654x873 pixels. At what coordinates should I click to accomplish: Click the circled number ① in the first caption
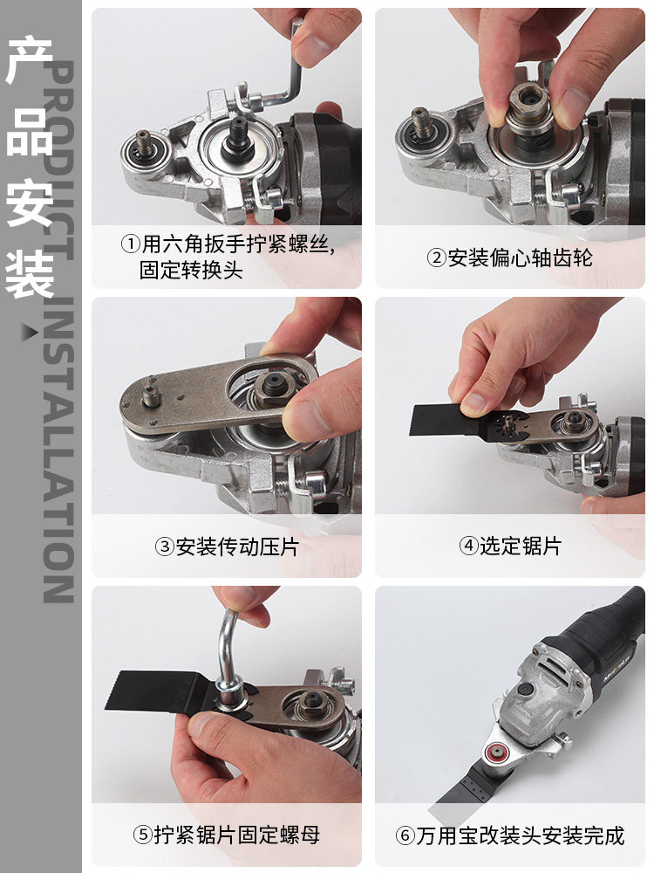pyautogui.click(x=130, y=244)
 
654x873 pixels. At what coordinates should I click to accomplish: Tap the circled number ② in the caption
pyautogui.click(x=436, y=258)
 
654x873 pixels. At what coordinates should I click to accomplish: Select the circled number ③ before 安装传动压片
pyautogui.click(x=165, y=547)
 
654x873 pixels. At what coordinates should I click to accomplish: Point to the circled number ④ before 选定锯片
pyautogui.click(x=468, y=546)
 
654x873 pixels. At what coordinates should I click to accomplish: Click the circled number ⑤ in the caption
pyautogui.click(x=143, y=835)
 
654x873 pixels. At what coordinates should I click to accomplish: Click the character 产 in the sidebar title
pyautogui.click(x=31, y=62)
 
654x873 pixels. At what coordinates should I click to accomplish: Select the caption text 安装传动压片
pyautogui.click(x=237, y=547)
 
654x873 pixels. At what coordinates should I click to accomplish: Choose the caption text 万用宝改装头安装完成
pyautogui.click(x=521, y=835)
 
